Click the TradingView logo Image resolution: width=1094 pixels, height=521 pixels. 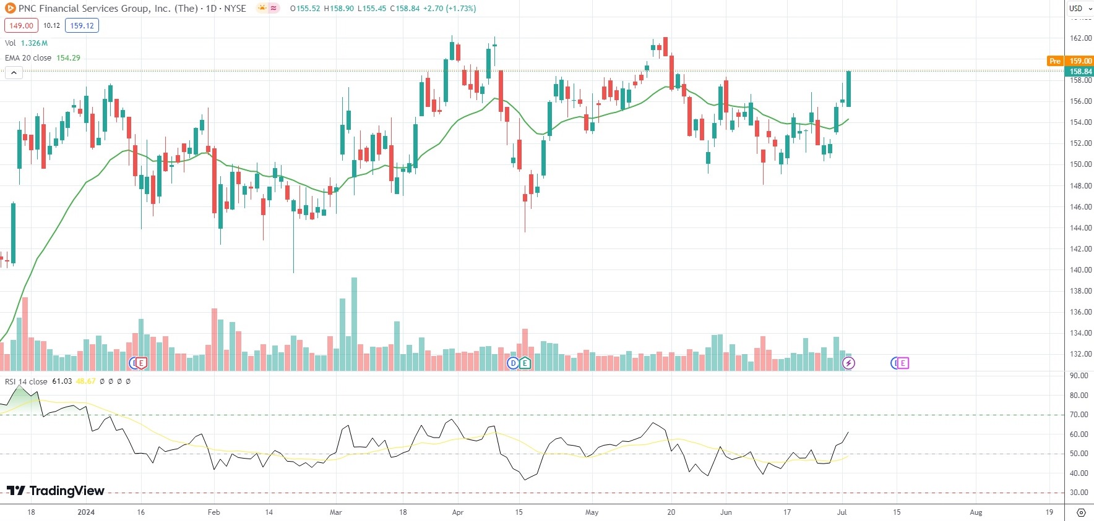point(56,491)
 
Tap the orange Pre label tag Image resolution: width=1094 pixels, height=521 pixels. point(1054,61)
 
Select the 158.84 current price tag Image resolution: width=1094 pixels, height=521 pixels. point(1080,71)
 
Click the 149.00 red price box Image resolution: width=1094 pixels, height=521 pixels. point(21,25)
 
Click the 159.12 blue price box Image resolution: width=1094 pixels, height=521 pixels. point(82,25)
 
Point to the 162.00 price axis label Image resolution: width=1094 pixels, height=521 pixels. point(1080,38)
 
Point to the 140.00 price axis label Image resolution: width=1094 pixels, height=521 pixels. point(1080,270)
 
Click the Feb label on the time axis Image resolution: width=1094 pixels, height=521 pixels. point(213,512)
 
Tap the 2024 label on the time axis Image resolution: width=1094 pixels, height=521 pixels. point(86,512)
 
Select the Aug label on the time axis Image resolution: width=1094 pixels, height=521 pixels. point(976,512)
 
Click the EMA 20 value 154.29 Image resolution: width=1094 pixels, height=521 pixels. point(68,57)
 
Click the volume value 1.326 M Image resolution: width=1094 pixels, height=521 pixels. point(34,43)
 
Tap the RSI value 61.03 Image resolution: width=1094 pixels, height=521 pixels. point(62,381)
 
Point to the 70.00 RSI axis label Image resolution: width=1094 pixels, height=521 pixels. point(1079,415)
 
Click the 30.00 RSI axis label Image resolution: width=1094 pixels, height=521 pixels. point(1079,493)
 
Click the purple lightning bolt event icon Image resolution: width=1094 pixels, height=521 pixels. point(848,363)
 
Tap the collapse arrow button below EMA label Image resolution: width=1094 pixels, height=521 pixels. point(14,72)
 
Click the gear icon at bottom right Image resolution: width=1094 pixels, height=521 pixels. point(1080,512)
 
